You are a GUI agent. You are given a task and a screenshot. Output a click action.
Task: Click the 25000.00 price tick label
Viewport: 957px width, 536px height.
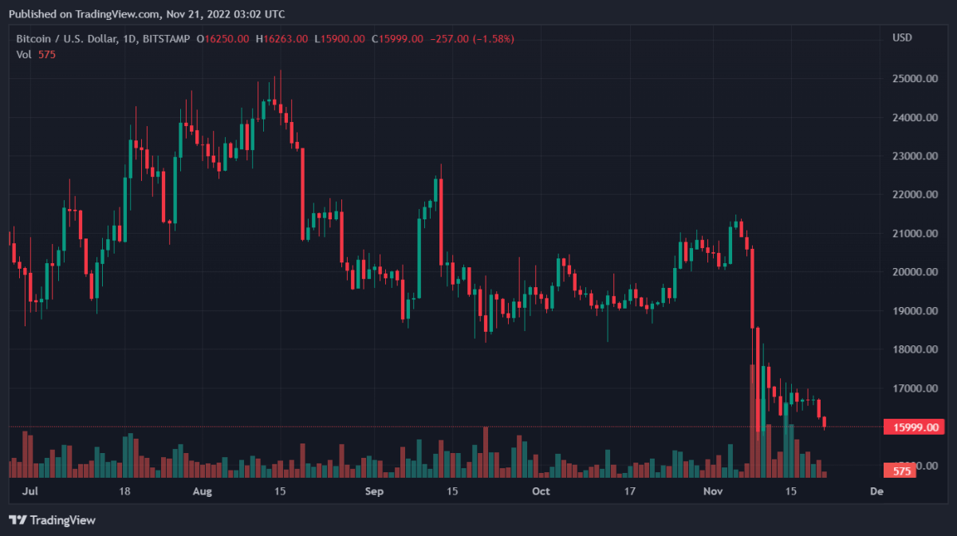tap(914, 79)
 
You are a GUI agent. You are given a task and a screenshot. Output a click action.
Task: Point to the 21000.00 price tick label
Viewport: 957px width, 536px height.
tap(914, 234)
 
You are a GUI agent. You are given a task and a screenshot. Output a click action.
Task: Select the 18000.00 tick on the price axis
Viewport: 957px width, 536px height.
tap(914, 349)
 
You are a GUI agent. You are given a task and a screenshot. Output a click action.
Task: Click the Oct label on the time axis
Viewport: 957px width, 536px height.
tap(541, 491)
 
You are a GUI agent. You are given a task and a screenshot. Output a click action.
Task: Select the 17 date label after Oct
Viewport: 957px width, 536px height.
tap(630, 491)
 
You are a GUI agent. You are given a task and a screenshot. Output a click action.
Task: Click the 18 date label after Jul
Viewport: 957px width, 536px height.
tap(125, 491)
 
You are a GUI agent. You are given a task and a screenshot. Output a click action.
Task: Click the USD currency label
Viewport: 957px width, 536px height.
tap(902, 37)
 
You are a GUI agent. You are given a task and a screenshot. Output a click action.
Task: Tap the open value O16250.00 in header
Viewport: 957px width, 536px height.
tap(223, 38)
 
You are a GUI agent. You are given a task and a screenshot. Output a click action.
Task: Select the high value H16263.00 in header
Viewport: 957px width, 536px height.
tap(282, 38)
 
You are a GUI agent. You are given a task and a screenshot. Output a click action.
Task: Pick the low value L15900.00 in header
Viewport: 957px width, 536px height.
tap(340, 38)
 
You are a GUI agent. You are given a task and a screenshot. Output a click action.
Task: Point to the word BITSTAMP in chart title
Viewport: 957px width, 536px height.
tap(167, 38)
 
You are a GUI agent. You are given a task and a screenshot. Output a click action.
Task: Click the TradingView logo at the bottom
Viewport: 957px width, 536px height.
tap(54, 520)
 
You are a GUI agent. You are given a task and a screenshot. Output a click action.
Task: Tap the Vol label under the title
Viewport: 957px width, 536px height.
tap(24, 54)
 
